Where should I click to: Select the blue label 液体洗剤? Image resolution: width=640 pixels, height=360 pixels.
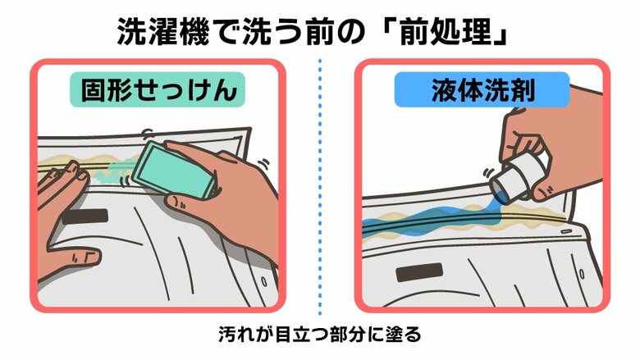(x=482, y=90)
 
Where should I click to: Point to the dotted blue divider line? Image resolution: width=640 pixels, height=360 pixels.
(x=320, y=189)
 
